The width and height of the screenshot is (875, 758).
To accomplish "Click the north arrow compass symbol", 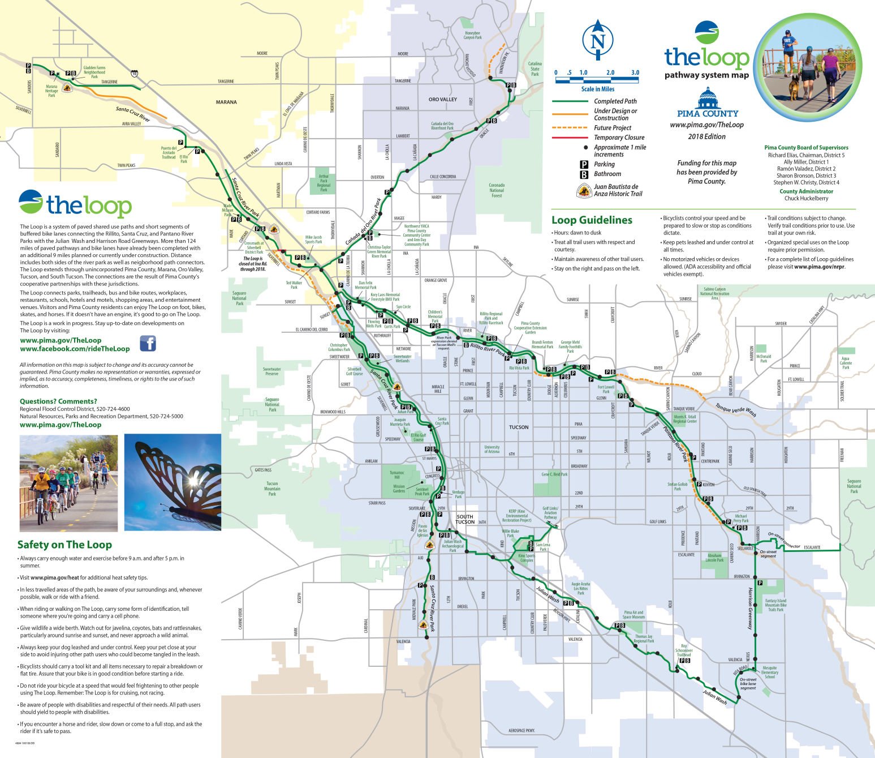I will [599, 40].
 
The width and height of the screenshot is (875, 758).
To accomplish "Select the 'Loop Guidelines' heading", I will [592, 220].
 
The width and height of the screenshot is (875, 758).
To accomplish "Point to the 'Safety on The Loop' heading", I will [64, 545].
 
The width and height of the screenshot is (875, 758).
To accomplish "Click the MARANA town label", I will [226, 102].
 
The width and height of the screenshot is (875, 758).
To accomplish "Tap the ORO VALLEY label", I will [442, 100].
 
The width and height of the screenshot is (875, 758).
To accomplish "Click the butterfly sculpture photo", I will [173, 482].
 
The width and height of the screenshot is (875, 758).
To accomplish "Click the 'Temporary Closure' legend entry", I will [619, 138].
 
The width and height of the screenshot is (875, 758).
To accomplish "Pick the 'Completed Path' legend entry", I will [615, 101].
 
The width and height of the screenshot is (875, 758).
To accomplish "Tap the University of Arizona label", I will [492, 449].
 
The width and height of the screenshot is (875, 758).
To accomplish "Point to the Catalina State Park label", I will [535, 69].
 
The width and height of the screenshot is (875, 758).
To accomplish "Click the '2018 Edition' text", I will [706, 136].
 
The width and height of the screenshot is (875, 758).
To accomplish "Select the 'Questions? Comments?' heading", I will [58, 401].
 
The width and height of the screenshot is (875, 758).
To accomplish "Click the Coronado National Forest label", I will [496, 190].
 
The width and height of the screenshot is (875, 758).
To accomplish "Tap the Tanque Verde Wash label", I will [735, 409].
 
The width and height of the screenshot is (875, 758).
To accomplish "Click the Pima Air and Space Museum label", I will [633, 614].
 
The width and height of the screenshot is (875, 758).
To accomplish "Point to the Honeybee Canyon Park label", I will [472, 35].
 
